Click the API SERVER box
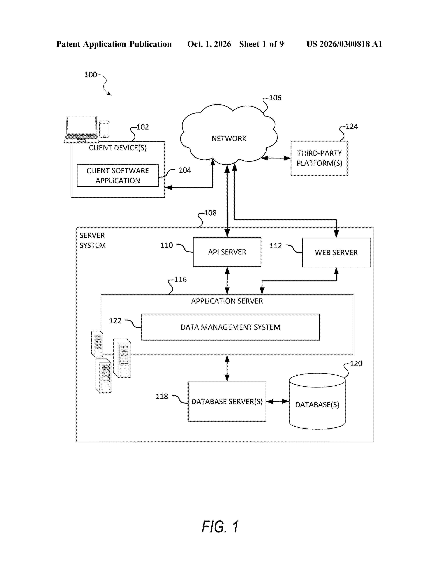tap(227, 252)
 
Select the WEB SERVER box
tap(336, 252)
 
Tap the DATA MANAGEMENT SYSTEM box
tap(230, 327)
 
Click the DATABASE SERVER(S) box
tap(227, 401)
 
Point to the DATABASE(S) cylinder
tap(317, 401)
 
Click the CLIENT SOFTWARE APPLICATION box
tap(118, 176)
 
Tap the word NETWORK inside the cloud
tap(229, 138)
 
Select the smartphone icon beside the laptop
tap(104, 129)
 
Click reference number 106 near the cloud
tap(275, 98)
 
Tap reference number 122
tap(115, 321)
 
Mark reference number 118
tap(162, 396)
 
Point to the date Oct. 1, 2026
tap(209, 44)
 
